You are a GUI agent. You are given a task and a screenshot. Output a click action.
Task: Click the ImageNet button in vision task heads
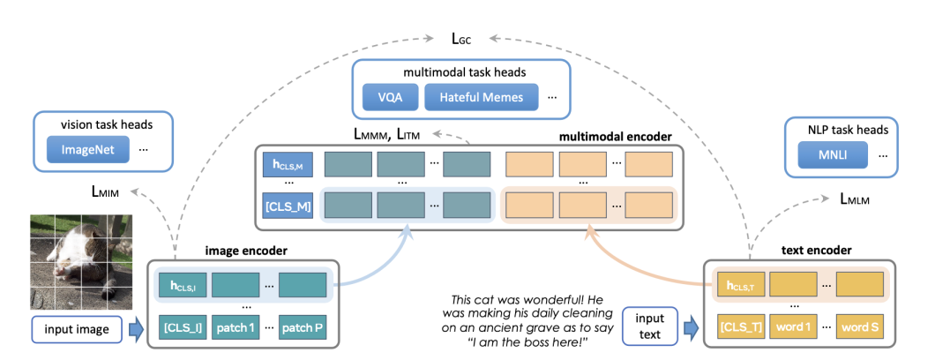point(88,150)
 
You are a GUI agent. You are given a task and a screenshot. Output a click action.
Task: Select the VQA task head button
point(386,96)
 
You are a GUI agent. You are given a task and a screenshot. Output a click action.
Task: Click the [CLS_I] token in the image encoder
point(182,329)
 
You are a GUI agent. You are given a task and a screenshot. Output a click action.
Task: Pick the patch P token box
point(303,329)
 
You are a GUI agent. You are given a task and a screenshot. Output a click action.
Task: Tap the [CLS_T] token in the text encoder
point(739,329)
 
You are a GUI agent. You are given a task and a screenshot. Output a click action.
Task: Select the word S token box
point(860,329)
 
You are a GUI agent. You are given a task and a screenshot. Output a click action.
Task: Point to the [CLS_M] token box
point(286,206)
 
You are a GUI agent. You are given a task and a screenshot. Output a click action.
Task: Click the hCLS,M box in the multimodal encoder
point(286,164)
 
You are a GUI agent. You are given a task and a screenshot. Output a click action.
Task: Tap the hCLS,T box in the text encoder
point(739,284)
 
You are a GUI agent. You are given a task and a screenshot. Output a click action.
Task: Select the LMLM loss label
point(855,201)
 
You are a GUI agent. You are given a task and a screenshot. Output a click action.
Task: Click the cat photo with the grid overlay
point(80,263)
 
